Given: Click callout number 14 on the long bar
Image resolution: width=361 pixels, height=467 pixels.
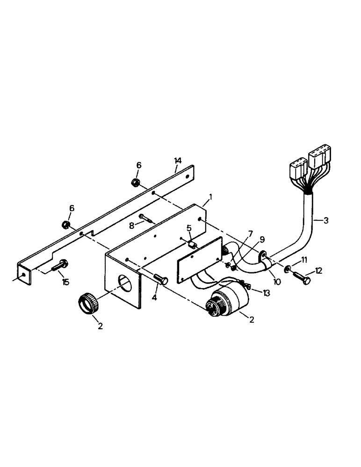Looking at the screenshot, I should pos(178,161).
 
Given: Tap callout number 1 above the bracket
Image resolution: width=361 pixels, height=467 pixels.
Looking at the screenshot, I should pos(210,197).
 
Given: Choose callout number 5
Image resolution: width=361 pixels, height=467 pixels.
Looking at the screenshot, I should pos(189,228).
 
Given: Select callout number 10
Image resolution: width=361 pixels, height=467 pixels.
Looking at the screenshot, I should pos(277,283).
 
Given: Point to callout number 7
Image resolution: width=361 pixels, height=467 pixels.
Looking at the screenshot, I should pos(251,233).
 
